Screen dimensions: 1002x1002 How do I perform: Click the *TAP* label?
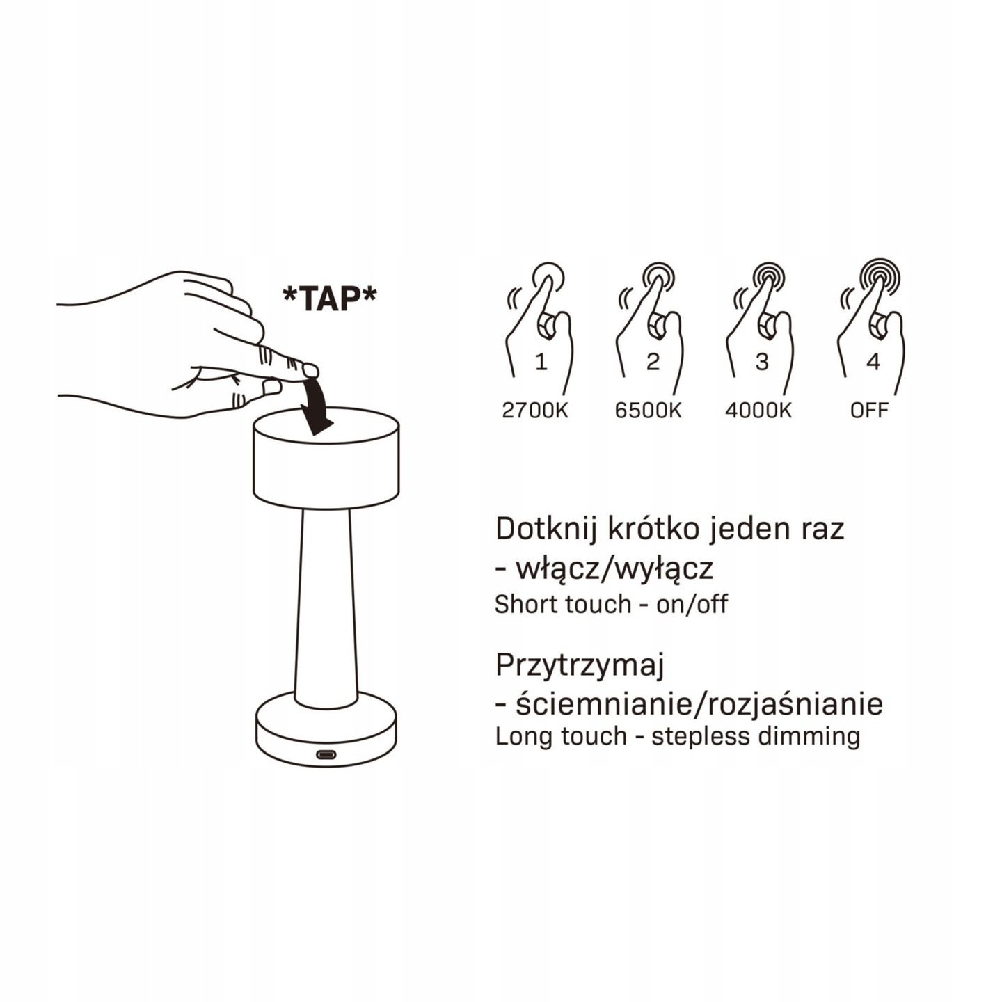pyautogui.click(x=330, y=299)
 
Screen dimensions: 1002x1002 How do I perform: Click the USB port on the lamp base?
pyautogui.click(x=326, y=754)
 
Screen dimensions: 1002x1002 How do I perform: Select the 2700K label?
pyautogui.click(x=535, y=411)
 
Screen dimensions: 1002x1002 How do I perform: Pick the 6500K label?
pyautogui.click(x=648, y=411)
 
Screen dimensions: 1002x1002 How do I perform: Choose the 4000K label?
pyautogui.click(x=758, y=411)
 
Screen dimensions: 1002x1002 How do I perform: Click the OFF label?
pyautogui.click(x=869, y=411)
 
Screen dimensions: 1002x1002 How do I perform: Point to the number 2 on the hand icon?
pyautogui.click(x=653, y=362)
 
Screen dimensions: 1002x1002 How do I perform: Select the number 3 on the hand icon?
pyautogui.click(x=763, y=362)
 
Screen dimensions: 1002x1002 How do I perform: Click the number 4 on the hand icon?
pyautogui.click(x=873, y=362)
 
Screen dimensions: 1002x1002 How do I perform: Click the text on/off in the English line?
pyautogui.click(x=692, y=604)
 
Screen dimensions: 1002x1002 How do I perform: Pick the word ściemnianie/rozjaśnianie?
pyautogui.click(x=699, y=705)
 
